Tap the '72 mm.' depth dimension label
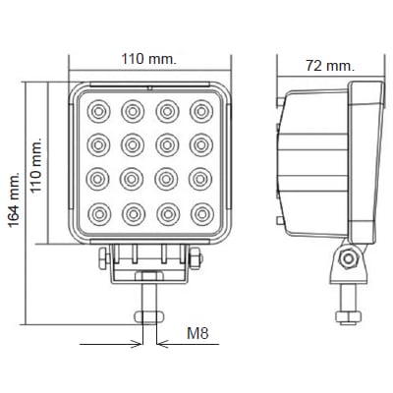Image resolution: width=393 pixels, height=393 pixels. coord(329,65)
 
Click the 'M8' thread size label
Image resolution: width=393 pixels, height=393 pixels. coord(196,334)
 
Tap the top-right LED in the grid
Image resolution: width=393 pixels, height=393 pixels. coord(201,109)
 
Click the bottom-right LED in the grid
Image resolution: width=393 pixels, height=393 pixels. coord(201,212)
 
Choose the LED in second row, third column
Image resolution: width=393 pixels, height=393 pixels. coord(167,143)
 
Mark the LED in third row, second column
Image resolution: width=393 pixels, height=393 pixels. coord(133,178)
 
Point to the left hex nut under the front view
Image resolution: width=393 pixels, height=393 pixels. coord(105,258)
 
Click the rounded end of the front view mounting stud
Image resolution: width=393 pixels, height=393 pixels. coord(149,313)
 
